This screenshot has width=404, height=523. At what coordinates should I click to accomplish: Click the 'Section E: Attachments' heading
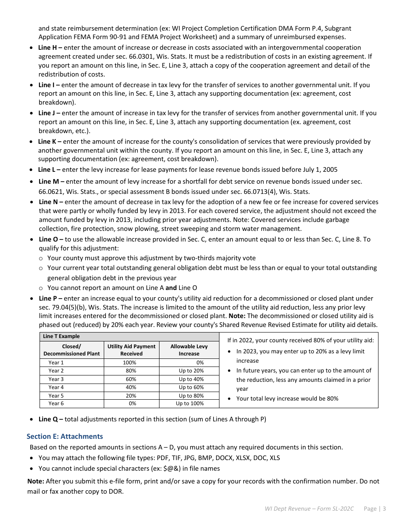(x=65, y=436)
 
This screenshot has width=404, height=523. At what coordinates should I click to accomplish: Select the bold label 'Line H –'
(x=50, y=48)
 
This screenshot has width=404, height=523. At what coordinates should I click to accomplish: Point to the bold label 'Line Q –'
(x=51, y=419)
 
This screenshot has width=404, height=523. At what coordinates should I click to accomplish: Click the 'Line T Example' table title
(x=61, y=336)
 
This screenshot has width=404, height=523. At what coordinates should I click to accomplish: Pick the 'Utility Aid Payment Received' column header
(x=131, y=350)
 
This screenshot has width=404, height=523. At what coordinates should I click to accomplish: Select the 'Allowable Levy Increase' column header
(x=189, y=350)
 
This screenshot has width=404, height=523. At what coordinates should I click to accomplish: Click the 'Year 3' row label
(x=56, y=379)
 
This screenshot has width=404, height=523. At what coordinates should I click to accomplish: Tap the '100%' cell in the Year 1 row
(x=129, y=363)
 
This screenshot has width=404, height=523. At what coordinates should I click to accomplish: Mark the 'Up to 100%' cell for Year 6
(x=190, y=404)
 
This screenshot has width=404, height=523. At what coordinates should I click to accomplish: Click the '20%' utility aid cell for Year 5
(x=131, y=395)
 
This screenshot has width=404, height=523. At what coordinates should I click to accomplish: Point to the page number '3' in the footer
(x=384, y=509)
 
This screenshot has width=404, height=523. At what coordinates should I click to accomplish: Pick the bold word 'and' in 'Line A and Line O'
(x=171, y=288)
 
